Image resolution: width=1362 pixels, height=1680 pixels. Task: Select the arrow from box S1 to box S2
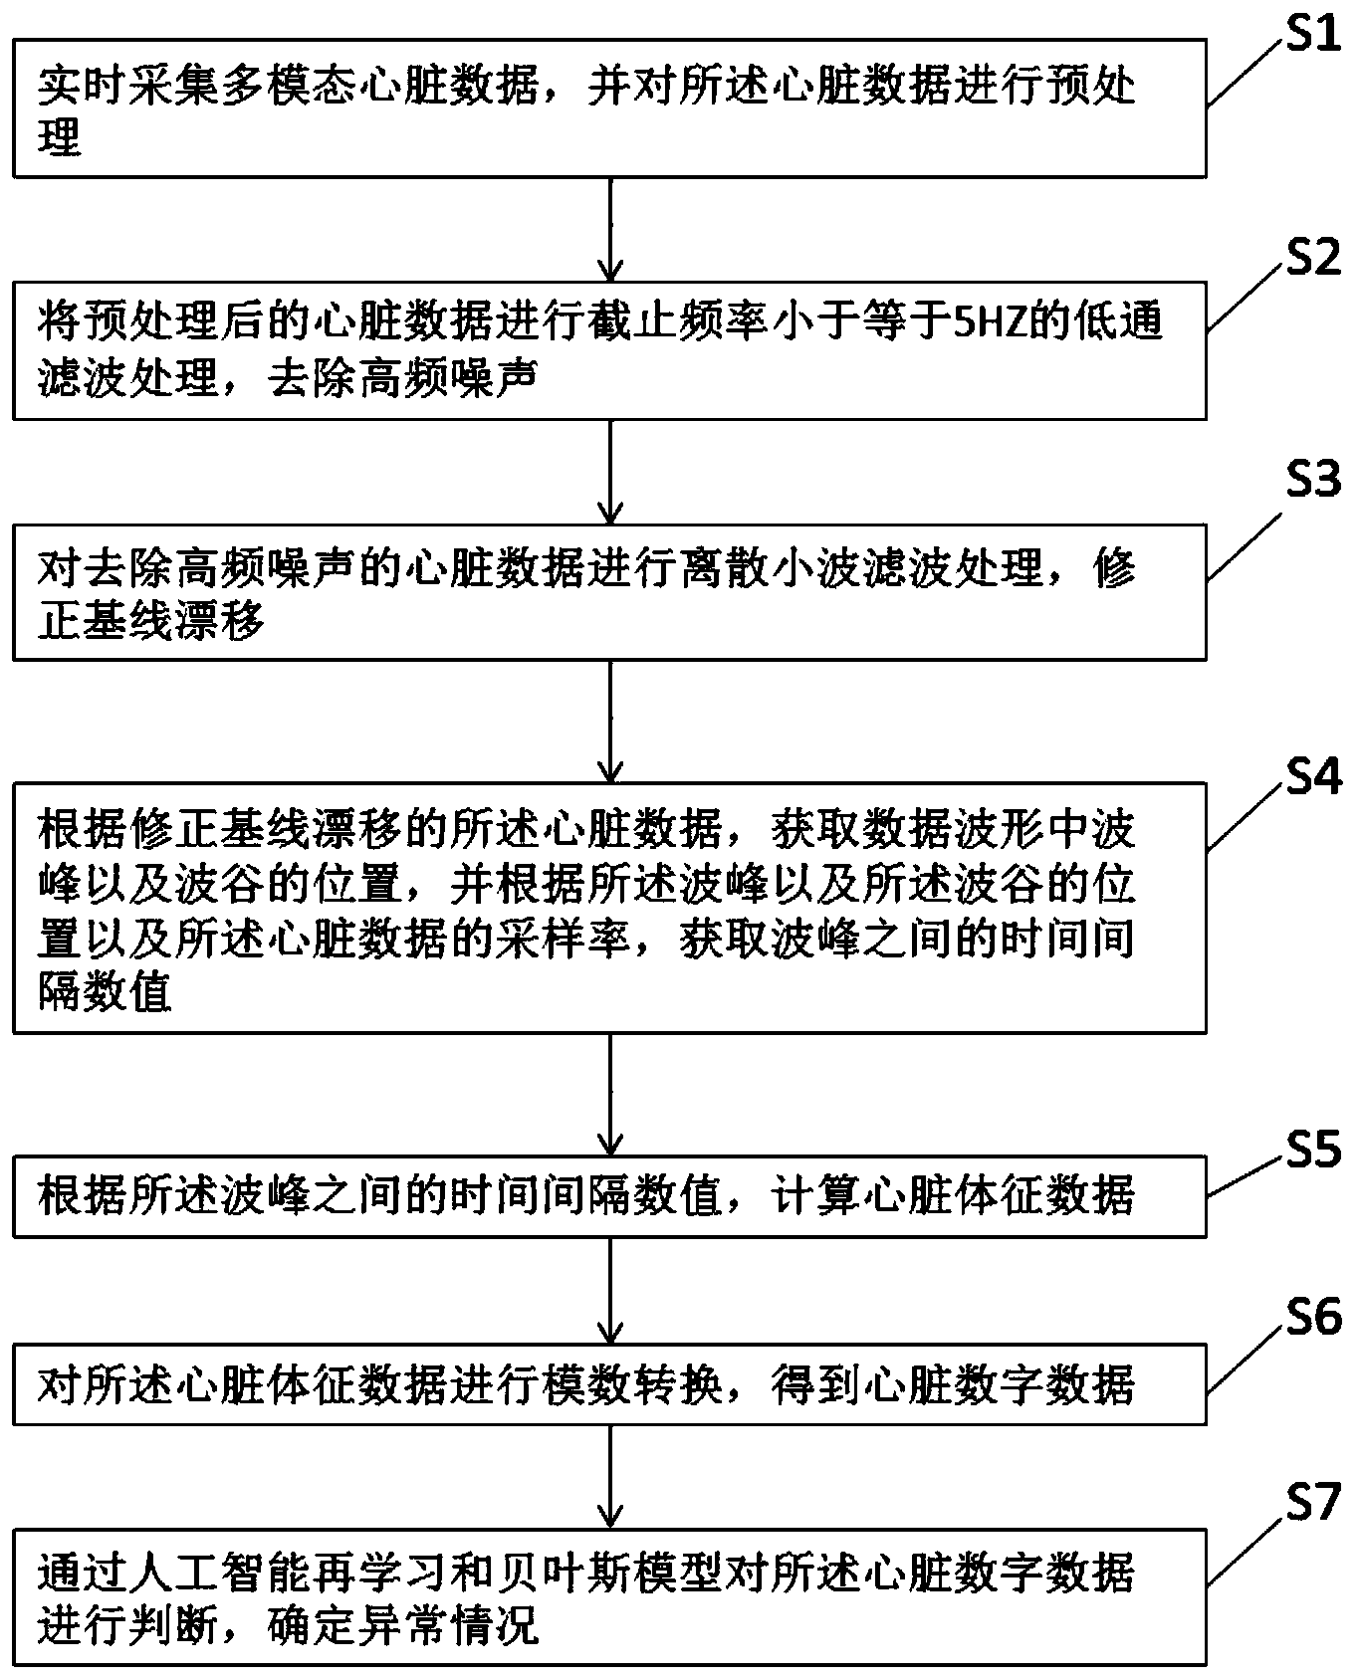(609, 229)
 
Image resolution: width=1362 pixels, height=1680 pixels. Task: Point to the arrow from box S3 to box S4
(609, 722)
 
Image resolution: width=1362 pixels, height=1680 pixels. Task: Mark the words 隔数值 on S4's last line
(106, 993)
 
